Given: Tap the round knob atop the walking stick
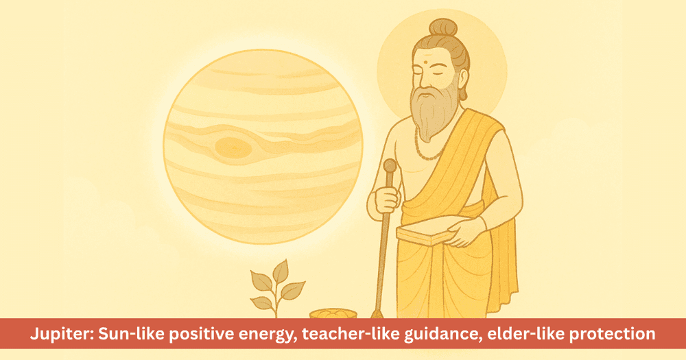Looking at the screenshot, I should click(390, 166).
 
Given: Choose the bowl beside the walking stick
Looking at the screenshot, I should click(332, 314).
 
